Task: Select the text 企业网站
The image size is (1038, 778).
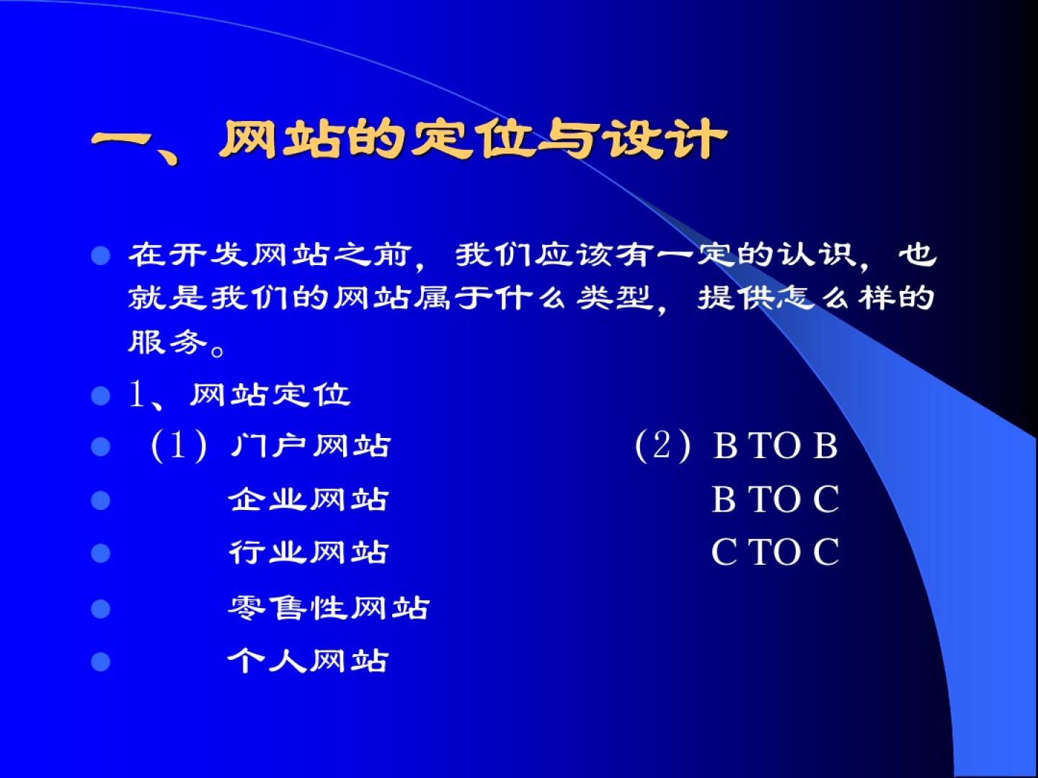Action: [x=308, y=499]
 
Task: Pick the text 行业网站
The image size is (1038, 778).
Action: [x=308, y=553]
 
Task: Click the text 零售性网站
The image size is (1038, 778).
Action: [x=329, y=607]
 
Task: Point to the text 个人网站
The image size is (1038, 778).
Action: [x=308, y=661]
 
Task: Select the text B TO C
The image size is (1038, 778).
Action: [x=776, y=498]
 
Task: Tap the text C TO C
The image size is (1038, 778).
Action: [x=776, y=552]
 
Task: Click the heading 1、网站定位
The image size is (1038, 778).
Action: [x=239, y=395]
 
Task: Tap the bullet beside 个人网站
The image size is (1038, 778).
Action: [x=101, y=661]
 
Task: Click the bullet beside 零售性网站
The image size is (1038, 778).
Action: [x=101, y=609]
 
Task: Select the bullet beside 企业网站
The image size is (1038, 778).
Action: [x=101, y=500]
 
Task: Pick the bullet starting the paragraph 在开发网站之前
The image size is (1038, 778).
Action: [x=101, y=256]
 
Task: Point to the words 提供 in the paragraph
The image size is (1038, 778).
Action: [x=737, y=298]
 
